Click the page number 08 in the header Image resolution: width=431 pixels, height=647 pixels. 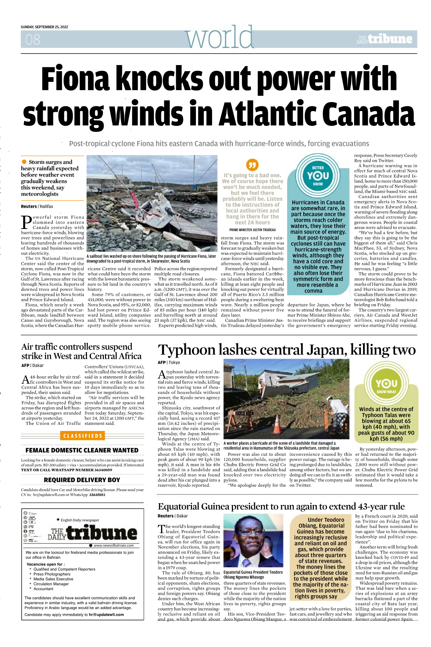tap(33, 40)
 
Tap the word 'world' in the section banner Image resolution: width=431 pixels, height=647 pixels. tap(219, 37)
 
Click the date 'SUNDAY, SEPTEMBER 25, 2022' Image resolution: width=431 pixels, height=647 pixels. tap(44, 27)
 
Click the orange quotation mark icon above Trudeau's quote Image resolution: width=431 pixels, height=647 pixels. tap(252, 165)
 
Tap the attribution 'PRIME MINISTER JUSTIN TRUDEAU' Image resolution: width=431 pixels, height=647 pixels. tap(252, 230)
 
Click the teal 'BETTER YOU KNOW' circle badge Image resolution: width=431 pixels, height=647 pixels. tap(318, 175)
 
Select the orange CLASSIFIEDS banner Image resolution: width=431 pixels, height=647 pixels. tap(83, 436)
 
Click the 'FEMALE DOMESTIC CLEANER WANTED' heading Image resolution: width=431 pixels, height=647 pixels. tap(82, 450)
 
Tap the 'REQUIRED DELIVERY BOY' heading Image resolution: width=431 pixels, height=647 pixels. tap(82, 480)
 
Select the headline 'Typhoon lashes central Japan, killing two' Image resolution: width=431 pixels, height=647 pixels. tap(286, 350)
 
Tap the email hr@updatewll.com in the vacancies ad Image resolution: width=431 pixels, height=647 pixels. tap(106, 615)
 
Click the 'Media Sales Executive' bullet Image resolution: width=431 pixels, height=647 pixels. tap(53, 579)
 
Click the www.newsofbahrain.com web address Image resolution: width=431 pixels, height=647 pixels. tap(114, 545)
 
